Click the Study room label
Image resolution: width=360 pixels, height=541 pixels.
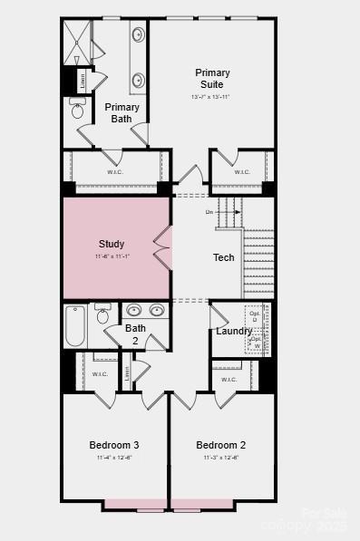112,244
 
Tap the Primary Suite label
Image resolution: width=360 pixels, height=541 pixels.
212,79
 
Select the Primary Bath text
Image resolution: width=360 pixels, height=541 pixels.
122,112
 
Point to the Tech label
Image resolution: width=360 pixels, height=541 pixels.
224,257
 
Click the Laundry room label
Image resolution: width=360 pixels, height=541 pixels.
234,331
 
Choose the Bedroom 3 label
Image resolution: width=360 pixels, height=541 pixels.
113,445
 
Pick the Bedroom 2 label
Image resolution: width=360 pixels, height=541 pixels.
221,445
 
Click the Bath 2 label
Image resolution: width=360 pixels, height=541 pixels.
135,334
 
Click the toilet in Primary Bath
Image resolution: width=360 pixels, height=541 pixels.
78,110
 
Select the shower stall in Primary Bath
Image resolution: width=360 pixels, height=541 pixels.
77,41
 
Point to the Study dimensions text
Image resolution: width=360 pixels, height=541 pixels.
112,256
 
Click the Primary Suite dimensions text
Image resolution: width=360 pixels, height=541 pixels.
211,97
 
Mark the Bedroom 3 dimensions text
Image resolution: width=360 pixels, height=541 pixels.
113,458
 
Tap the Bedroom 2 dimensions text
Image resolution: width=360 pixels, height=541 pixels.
221,458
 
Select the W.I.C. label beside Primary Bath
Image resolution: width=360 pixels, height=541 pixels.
115,171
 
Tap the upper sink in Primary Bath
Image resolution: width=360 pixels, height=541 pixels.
139,36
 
